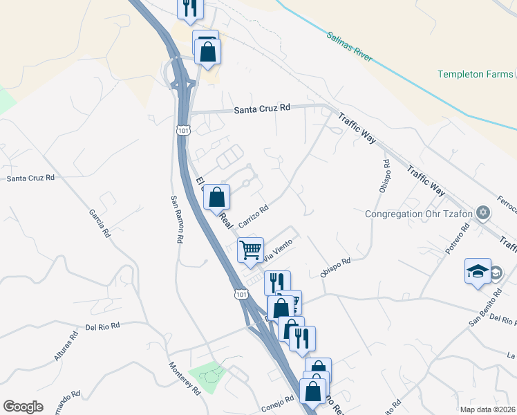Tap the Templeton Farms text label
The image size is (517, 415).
pos(475,75)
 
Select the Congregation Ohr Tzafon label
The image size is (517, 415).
pos(419,214)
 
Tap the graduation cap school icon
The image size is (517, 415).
pos(478,272)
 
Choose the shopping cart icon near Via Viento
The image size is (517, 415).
pos(250,250)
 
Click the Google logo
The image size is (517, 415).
pos(23,407)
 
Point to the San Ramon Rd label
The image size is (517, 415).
pos(177,219)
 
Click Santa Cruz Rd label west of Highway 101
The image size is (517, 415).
pos(30,178)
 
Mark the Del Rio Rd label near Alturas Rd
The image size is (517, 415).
pos(103,325)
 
